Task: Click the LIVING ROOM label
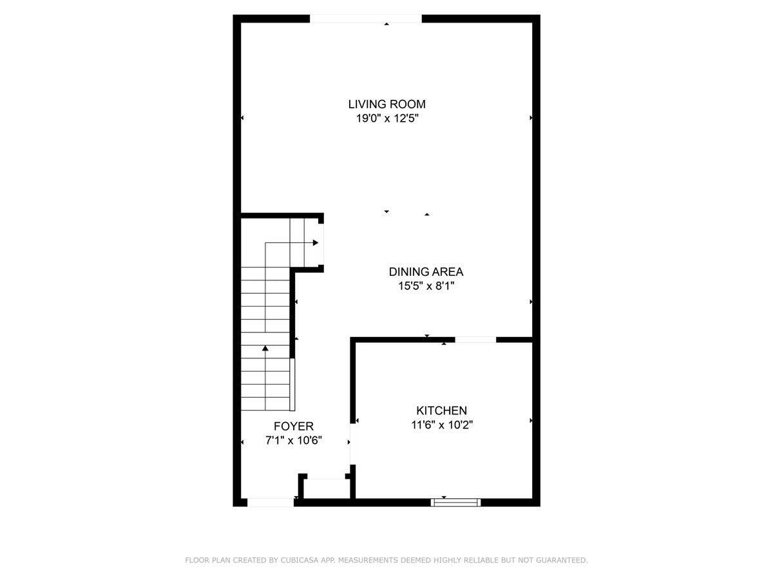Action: [386, 104]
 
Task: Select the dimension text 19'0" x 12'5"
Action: [386, 119]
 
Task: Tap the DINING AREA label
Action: [426, 272]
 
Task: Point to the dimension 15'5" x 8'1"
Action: [426, 286]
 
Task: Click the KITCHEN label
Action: [441, 411]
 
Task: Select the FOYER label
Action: [293, 426]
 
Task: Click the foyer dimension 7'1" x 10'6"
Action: [293, 441]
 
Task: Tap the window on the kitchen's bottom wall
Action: [456, 502]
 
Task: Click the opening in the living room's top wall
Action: [366, 19]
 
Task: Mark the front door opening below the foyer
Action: [271, 502]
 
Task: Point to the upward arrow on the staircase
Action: [265, 349]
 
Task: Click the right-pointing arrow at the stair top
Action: [315, 243]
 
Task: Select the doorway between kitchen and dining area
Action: [475, 339]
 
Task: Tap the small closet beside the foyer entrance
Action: [326, 488]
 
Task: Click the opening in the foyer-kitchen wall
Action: [352, 443]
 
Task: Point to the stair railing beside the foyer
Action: [292, 385]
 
